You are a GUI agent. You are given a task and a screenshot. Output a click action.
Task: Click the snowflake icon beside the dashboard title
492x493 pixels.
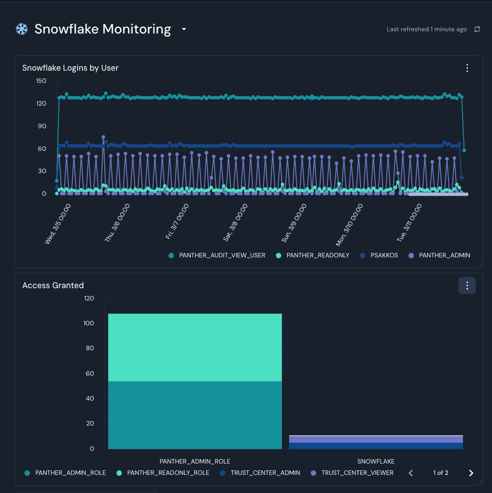pyautogui.click(x=22, y=29)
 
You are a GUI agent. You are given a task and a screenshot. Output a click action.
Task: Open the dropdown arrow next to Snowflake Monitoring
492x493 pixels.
pyautogui.click(x=184, y=29)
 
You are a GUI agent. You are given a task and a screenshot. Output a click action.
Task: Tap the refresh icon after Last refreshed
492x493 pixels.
pyautogui.click(x=477, y=29)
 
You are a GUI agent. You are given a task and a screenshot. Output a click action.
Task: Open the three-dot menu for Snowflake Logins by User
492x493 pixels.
pyautogui.click(x=467, y=68)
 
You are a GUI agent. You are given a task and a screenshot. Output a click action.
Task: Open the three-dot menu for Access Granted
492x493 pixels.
pyautogui.click(x=467, y=285)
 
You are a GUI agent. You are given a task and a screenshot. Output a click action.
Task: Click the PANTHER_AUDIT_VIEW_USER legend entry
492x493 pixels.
pyautogui.click(x=217, y=255)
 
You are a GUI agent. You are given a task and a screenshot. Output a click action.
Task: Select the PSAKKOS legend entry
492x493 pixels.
pyautogui.click(x=379, y=255)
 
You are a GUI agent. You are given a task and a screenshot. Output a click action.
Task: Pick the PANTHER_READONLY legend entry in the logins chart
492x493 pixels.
pyautogui.click(x=313, y=255)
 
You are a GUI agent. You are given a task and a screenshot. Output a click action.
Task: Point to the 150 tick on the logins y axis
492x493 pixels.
pyautogui.click(x=41, y=81)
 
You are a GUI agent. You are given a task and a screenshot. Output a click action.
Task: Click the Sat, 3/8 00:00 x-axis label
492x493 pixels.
pyautogui.click(x=236, y=222)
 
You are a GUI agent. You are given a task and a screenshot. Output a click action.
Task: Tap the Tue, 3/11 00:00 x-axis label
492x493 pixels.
pyautogui.click(x=409, y=222)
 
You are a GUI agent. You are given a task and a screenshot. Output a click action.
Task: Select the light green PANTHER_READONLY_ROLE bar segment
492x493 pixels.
pyautogui.click(x=195, y=348)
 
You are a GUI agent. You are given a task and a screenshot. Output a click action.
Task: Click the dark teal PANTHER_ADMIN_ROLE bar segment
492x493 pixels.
pyautogui.click(x=195, y=415)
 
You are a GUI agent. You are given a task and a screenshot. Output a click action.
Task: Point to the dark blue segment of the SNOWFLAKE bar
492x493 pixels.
pyautogui.click(x=376, y=446)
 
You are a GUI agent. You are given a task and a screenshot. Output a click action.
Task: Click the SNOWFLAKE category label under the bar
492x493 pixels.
pyautogui.click(x=376, y=461)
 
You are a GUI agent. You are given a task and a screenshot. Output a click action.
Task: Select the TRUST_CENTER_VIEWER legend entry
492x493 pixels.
pyautogui.click(x=352, y=473)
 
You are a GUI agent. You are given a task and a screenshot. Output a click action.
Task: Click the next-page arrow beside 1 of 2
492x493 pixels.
pyautogui.click(x=471, y=473)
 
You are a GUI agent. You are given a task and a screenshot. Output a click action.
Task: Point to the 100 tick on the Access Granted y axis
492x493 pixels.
pyautogui.click(x=89, y=323)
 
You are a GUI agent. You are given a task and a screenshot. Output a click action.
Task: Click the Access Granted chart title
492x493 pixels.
pyautogui.click(x=53, y=285)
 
